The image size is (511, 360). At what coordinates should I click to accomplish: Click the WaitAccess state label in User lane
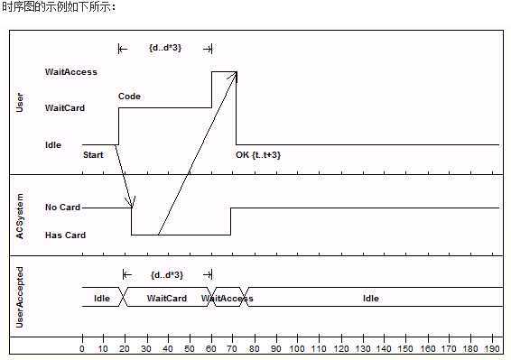[x=71, y=71]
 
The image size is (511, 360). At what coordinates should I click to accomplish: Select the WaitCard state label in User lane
[x=65, y=108]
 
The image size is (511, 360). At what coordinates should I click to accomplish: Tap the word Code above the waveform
[x=129, y=97]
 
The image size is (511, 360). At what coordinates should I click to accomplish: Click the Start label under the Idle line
[x=93, y=155]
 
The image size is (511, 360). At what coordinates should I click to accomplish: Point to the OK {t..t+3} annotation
[x=258, y=155]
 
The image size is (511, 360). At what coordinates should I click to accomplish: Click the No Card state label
[x=62, y=208]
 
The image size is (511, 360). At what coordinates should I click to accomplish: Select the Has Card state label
[x=65, y=235]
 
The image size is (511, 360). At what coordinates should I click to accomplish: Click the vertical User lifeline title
[x=21, y=101]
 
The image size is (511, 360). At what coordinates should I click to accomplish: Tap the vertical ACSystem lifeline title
[x=21, y=216]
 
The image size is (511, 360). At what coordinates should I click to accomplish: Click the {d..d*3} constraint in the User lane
[x=165, y=47]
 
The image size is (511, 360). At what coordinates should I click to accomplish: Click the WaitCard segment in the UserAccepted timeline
[x=167, y=299]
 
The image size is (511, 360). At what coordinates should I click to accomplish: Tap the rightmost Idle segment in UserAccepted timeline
[x=371, y=299]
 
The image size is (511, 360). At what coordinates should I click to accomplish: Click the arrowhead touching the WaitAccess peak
[x=235, y=77]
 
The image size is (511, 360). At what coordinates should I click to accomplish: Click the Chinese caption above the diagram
[x=59, y=7]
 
